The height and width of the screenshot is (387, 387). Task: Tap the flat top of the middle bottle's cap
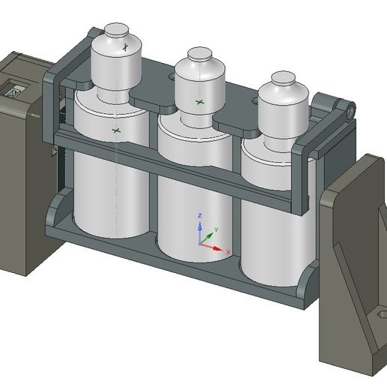(x=199, y=54)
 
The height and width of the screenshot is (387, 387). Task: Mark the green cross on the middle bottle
(x=199, y=101)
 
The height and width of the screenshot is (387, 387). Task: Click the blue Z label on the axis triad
(x=199, y=216)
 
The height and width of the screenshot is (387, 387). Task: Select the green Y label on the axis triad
(x=216, y=228)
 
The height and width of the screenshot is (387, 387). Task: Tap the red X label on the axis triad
(x=227, y=254)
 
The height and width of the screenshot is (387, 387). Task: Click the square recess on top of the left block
(x=13, y=91)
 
